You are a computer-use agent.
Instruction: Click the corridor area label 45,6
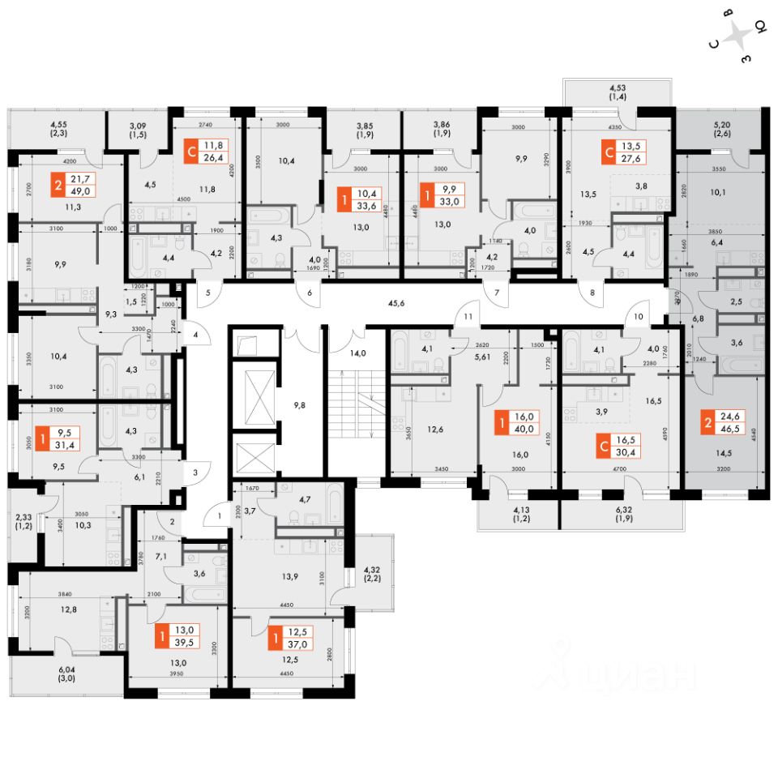[396, 305]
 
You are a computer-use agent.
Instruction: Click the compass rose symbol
[738, 36]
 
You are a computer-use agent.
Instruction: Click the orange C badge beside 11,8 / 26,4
[191, 151]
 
